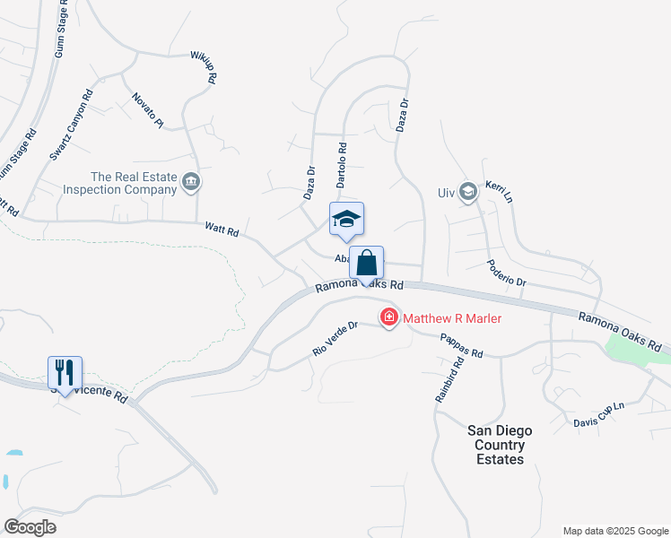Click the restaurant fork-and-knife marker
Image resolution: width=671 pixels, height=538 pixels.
65,371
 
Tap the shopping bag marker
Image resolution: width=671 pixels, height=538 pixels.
366,263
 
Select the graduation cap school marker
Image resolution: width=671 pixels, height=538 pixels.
347,220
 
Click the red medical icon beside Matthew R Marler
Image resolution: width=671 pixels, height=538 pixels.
389,317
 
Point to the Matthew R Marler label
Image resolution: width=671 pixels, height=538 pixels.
452,318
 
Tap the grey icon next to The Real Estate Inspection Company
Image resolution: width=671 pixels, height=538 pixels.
190,183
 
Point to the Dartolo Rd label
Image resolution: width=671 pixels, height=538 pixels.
342,164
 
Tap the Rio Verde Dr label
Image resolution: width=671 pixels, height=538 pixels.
335,339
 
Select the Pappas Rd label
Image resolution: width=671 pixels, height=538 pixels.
461,346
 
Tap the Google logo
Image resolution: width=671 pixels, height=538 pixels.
30,526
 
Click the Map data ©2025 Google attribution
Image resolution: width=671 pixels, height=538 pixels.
614,531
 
